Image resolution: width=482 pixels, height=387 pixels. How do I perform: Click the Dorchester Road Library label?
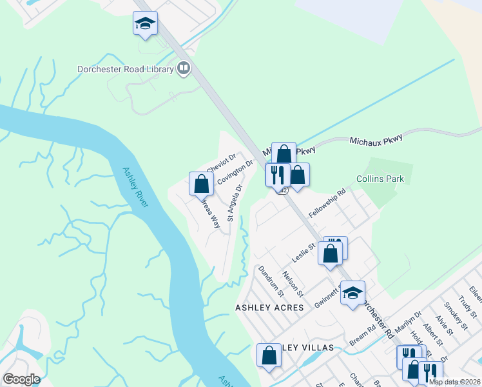tap(125, 69)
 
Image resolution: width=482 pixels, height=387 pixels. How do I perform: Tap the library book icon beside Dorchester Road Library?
tap(184, 68)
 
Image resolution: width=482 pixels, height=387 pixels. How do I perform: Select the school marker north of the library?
tap(145, 25)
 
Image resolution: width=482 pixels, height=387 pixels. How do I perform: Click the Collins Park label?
tap(380, 179)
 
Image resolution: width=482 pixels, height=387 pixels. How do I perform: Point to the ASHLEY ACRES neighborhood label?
tap(269, 308)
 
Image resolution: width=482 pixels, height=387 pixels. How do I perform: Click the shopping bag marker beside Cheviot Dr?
tap(201, 184)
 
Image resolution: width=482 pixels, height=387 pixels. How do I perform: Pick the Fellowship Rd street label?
tap(327, 203)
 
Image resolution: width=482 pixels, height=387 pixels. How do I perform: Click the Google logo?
tap(21, 380)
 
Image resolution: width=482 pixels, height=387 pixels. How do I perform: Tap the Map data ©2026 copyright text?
tap(454, 382)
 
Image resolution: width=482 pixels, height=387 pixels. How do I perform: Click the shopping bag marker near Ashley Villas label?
tap(269, 356)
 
